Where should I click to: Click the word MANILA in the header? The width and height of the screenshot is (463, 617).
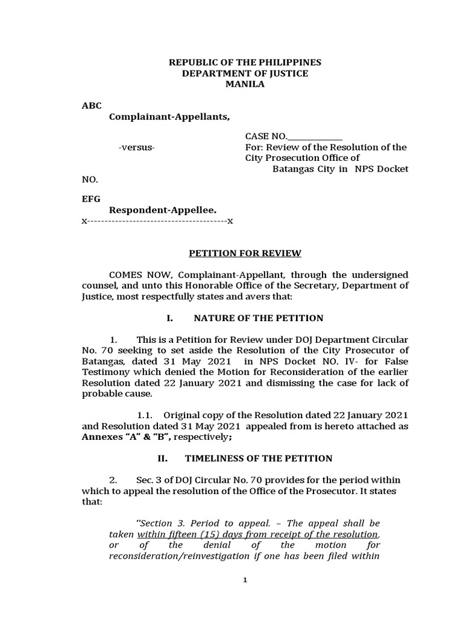point(245,84)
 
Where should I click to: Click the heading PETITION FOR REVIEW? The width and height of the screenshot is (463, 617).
point(245,253)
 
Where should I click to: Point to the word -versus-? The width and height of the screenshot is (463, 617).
point(137,148)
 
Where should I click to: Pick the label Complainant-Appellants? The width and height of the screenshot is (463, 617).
point(169,116)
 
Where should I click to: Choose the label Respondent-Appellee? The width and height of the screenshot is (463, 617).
point(162,209)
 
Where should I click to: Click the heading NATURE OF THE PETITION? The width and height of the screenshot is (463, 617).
point(254,318)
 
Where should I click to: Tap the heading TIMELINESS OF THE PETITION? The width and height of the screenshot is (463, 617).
point(258,459)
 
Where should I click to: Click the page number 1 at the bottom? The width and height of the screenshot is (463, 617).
point(245,580)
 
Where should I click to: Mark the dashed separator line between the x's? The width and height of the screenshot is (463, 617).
point(157,221)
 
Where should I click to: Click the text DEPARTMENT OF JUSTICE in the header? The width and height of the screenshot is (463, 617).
point(245,74)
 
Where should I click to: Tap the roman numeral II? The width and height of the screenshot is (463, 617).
point(162,459)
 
